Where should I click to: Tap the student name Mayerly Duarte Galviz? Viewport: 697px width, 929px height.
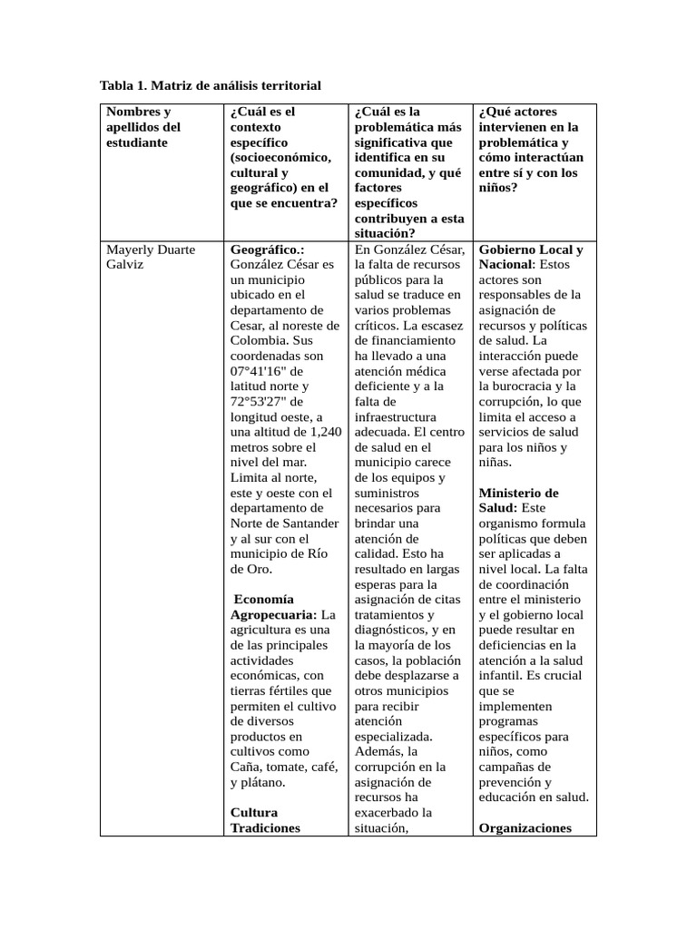[151, 257]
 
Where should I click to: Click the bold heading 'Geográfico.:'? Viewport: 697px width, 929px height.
[268, 249]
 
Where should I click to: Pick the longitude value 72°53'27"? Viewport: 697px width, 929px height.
[260, 402]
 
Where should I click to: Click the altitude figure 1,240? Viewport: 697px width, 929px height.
[323, 433]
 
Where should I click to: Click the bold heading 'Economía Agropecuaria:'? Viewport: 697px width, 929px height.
[277, 607]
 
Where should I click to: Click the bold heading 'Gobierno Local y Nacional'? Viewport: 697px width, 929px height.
[530, 256]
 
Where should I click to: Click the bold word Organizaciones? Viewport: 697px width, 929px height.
[525, 827]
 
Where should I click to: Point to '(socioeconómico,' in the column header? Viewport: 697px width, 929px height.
[280, 157]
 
